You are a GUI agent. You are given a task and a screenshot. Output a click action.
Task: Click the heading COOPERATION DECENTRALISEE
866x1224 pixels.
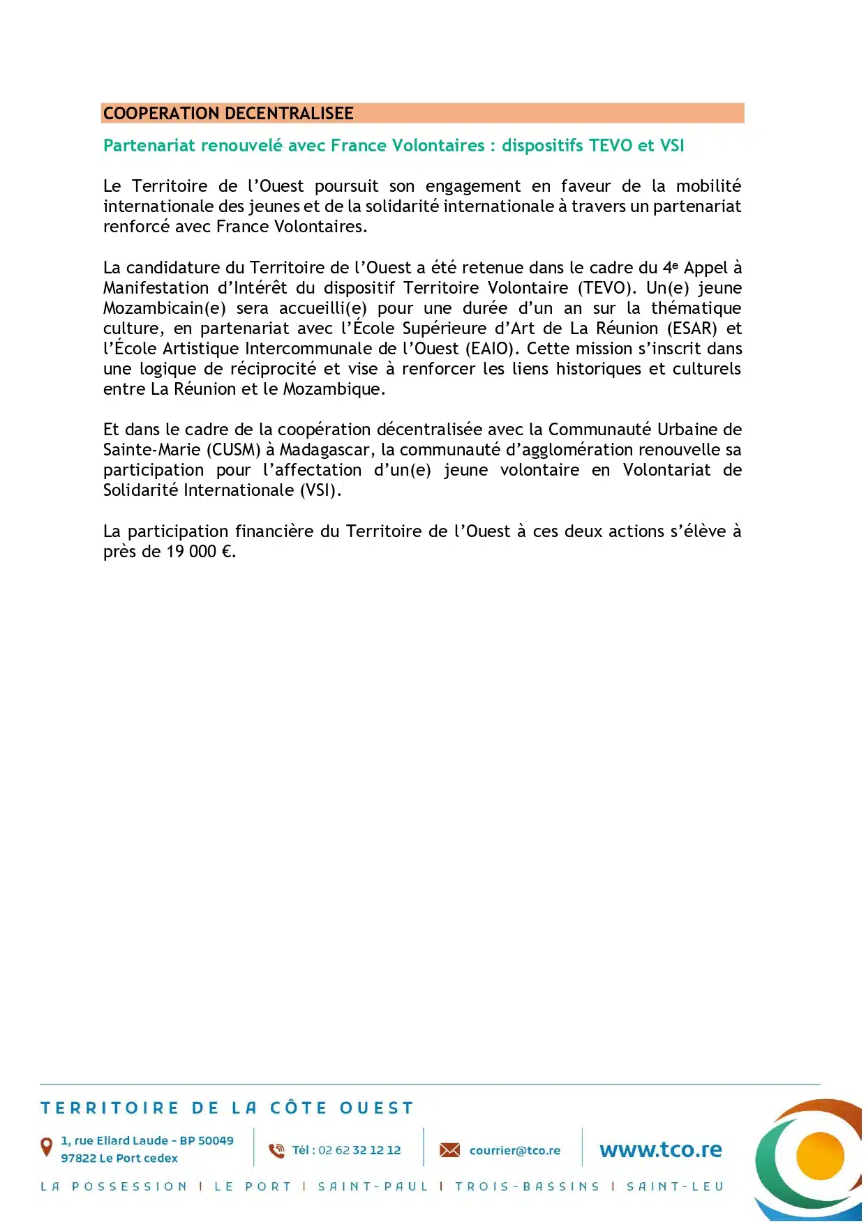click(x=228, y=113)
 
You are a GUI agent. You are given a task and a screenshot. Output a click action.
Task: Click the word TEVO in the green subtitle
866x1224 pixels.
click(x=611, y=145)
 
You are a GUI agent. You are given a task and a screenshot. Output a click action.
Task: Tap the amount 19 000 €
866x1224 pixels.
click(x=200, y=552)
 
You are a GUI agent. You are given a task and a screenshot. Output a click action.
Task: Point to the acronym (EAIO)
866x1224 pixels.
click(x=492, y=349)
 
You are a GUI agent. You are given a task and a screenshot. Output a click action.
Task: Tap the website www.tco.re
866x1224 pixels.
click(x=660, y=1149)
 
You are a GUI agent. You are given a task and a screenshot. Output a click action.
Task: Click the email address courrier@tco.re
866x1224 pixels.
click(x=514, y=1150)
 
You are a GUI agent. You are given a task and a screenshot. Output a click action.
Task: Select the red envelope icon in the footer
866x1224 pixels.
click(x=449, y=1150)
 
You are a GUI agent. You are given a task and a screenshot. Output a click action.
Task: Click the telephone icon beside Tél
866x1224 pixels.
click(x=277, y=1150)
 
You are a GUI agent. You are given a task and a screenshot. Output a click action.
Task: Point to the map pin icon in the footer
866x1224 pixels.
click(x=47, y=1146)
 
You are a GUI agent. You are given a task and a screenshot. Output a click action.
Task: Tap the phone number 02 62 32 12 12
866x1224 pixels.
click(x=359, y=1150)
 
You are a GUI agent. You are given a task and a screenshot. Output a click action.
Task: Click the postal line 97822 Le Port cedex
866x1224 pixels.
click(x=119, y=1158)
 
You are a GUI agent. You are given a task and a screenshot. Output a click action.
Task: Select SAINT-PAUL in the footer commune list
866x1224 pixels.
click(x=373, y=1186)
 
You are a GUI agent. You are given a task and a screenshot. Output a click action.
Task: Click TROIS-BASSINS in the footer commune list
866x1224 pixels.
click(x=527, y=1186)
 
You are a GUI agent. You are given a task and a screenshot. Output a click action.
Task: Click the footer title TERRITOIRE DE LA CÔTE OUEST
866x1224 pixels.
click(x=227, y=1108)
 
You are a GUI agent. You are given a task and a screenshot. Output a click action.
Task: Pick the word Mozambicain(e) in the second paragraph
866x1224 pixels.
click(x=165, y=308)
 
